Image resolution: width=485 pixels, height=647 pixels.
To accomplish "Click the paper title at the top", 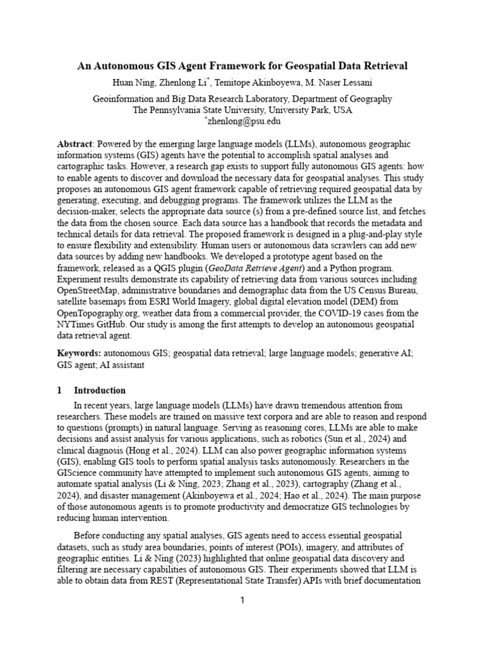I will click(x=242, y=66).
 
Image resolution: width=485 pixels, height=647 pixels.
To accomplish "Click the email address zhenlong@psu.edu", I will click(x=244, y=121).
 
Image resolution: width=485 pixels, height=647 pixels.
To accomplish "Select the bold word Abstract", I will click(x=74, y=144).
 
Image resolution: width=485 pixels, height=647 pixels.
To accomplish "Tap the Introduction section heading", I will click(x=100, y=390).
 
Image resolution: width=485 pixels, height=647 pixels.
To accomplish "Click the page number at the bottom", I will click(x=242, y=600).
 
